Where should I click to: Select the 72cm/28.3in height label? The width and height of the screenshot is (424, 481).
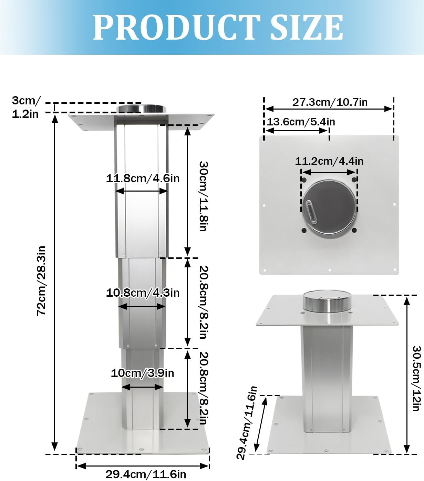(x=41, y=280)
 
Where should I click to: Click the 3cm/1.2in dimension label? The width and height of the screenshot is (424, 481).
(x=25, y=107)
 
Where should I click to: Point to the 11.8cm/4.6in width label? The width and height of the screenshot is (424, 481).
(x=143, y=178)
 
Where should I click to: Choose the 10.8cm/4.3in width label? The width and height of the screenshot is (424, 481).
(x=143, y=293)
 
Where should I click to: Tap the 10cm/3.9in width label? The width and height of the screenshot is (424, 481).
(x=142, y=373)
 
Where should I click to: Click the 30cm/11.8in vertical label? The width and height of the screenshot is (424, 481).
(x=204, y=196)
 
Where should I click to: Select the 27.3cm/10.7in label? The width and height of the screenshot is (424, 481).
(x=330, y=102)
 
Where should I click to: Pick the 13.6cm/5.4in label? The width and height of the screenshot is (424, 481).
(x=301, y=122)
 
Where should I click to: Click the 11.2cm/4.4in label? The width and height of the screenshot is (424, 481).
(x=329, y=161)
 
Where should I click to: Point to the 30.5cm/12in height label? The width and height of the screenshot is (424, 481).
(x=417, y=378)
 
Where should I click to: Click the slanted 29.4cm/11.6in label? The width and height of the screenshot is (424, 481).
(x=247, y=423)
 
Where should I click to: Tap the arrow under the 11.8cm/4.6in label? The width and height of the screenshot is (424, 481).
(x=142, y=191)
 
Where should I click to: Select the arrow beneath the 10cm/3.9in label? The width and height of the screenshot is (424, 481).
(x=142, y=387)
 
